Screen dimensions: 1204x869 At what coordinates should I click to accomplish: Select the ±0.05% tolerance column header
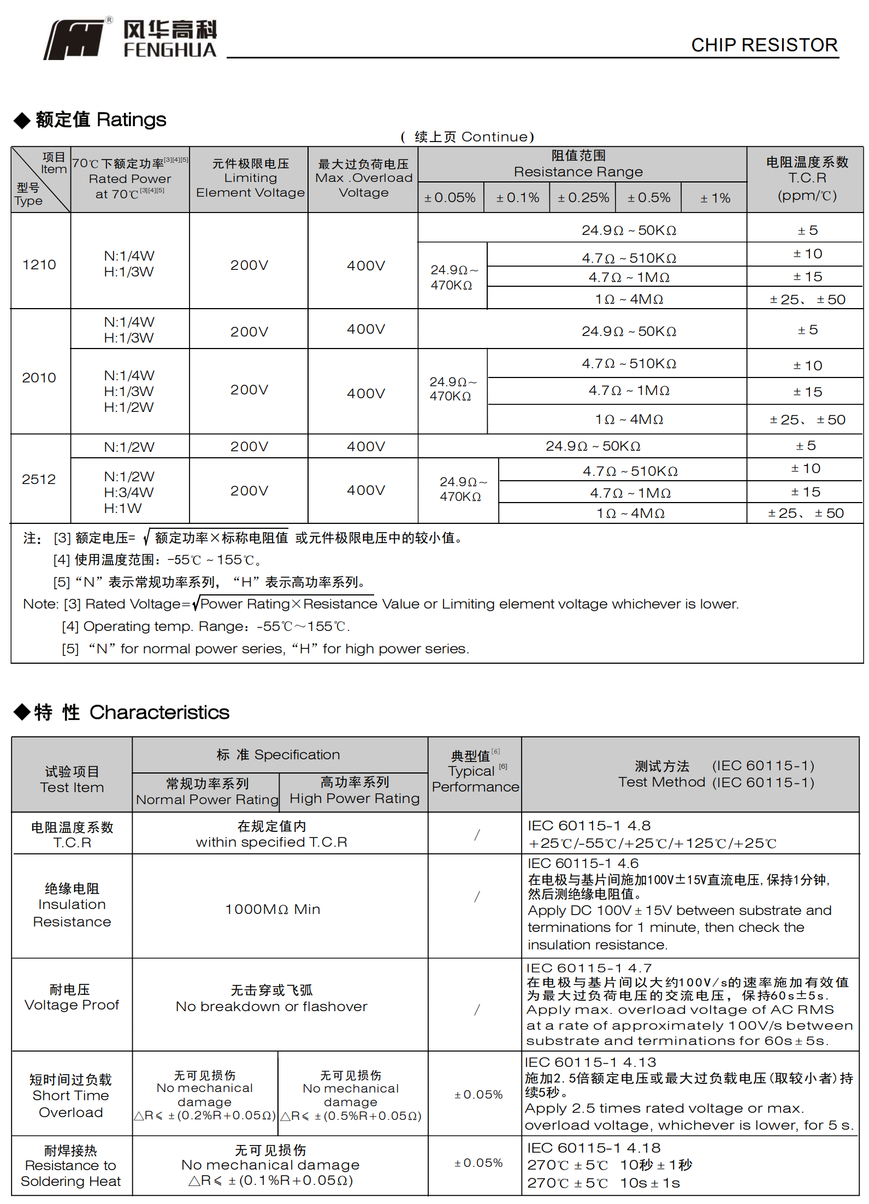[450, 198]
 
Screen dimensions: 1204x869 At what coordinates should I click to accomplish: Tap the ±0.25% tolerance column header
[583, 198]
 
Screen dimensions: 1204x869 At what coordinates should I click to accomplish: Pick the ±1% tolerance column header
[715, 198]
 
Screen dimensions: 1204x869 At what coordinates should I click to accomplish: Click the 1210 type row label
[39, 265]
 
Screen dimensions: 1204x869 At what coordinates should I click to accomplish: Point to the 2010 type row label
[39, 377]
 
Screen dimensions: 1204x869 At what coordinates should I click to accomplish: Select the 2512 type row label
[39, 479]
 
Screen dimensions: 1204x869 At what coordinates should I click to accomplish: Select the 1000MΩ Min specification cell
[273, 909]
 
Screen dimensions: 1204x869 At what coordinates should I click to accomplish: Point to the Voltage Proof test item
[72, 998]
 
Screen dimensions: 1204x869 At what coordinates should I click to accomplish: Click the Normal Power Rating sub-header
[207, 792]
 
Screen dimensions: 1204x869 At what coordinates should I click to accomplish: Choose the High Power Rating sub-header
[354, 790]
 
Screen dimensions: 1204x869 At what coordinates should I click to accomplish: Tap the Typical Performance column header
[475, 771]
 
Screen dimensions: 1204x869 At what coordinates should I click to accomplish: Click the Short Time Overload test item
[71, 1096]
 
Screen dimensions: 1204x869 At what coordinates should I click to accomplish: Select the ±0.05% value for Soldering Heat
[478, 1163]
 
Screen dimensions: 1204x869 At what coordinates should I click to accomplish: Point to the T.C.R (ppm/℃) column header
[807, 179]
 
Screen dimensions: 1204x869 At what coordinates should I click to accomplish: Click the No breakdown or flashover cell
[271, 999]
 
